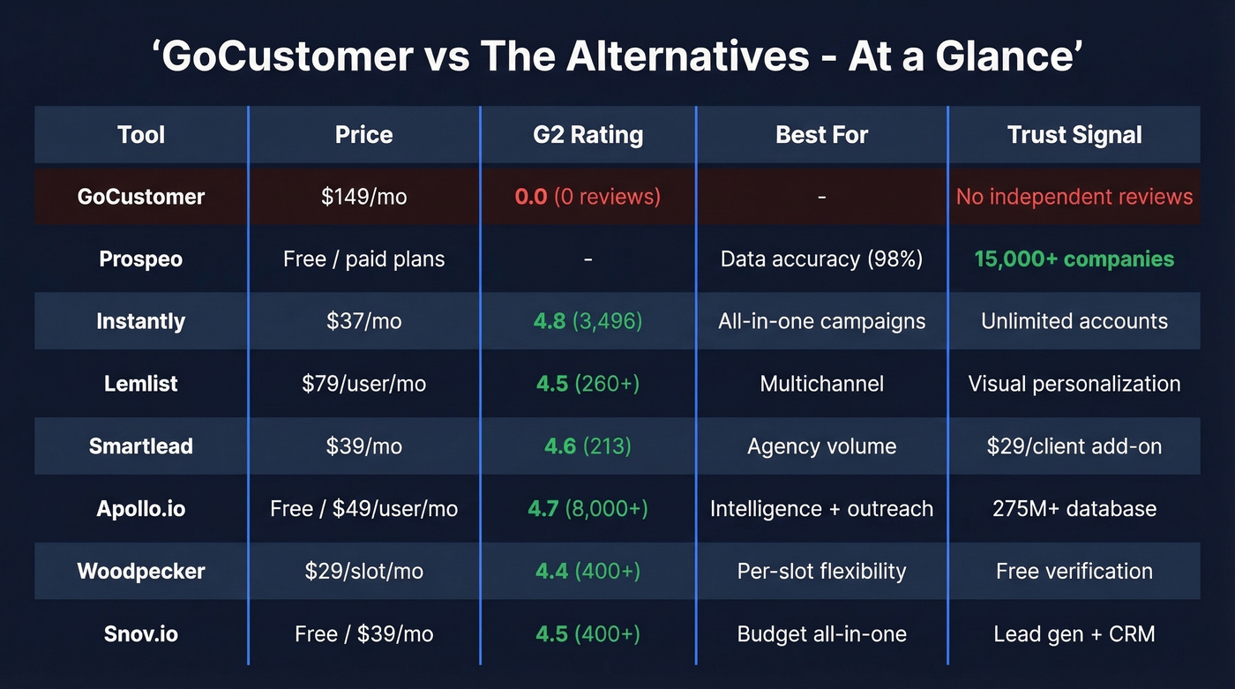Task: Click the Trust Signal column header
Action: (x=1074, y=135)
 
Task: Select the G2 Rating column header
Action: (x=588, y=135)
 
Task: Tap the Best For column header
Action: (x=821, y=135)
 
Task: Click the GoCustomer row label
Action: (x=141, y=197)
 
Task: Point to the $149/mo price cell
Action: (x=363, y=197)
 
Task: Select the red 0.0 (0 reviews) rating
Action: (x=588, y=196)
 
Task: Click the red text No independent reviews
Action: (x=1074, y=197)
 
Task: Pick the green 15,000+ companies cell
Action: (x=1074, y=259)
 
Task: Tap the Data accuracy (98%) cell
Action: (x=821, y=259)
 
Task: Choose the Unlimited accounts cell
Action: (x=1074, y=321)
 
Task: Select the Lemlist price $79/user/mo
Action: (x=363, y=384)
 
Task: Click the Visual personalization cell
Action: (x=1074, y=384)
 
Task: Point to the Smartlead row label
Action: (x=141, y=446)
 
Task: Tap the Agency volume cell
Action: (x=821, y=446)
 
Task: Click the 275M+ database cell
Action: (x=1074, y=509)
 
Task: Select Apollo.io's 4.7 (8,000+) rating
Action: (x=588, y=509)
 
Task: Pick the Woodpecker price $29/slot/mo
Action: (x=363, y=572)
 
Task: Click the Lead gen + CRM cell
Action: (x=1074, y=634)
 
